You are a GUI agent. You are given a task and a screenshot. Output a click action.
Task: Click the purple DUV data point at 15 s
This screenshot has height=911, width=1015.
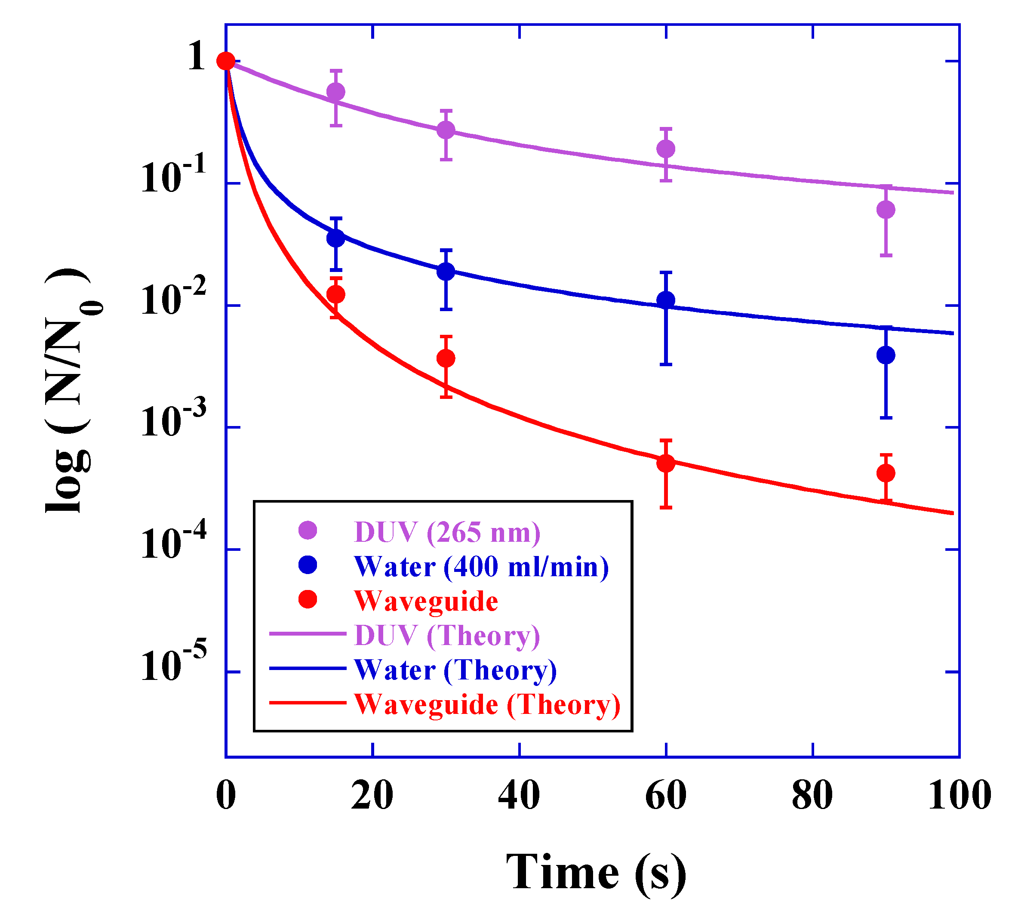(x=335, y=92)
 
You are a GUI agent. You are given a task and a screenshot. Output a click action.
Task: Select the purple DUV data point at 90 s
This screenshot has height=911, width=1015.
(x=886, y=210)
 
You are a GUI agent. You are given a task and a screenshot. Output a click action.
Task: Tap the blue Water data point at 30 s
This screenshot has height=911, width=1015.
(x=446, y=272)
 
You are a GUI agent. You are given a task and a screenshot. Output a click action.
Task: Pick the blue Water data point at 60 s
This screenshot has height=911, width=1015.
(x=665, y=300)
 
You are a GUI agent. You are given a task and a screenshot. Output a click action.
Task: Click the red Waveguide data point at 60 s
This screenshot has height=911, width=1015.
(x=665, y=463)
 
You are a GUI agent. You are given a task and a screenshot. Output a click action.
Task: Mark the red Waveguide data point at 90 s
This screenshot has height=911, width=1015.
(x=886, y=473)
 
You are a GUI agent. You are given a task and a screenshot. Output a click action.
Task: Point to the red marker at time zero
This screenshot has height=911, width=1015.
(x=226, y=61)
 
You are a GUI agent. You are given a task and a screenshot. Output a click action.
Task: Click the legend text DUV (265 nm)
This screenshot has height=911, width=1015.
(x=447, y=532)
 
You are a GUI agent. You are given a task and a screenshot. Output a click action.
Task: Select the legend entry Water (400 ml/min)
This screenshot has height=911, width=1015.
(x=481, y=567)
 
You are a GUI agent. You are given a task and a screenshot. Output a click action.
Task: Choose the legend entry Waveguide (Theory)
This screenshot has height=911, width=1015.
(x=487, y=704)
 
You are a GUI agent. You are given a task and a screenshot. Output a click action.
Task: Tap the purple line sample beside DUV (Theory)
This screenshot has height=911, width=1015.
(x=307, y=634)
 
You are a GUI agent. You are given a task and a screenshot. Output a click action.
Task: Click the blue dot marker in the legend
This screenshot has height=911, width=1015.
(x=308, y=565)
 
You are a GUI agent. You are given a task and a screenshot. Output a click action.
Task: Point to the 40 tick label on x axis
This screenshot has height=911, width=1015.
(x=519, y=795)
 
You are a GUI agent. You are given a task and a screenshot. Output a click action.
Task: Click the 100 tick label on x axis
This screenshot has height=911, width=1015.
(x=960, y=795)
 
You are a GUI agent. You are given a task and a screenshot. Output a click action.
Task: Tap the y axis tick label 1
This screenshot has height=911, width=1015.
(x=196, y=56)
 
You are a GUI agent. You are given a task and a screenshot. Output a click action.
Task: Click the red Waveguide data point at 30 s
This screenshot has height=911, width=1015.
(x=446, y=358)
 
